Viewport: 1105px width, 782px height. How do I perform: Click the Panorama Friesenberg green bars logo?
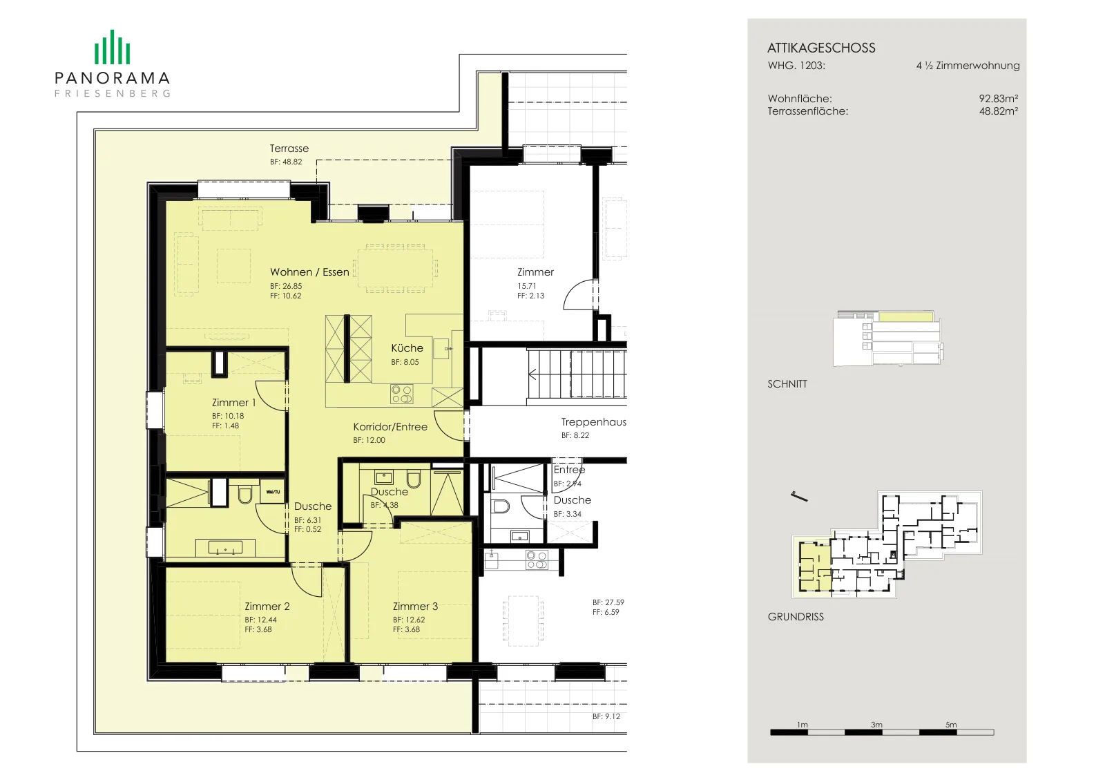[112, 47]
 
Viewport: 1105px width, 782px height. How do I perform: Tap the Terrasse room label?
[289, 149]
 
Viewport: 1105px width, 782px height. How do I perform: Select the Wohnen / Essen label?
[309, 272]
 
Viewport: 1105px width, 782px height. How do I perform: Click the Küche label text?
[407, 348]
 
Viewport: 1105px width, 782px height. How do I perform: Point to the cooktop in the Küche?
[401, 394]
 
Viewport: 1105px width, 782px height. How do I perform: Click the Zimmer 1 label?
[234, 403]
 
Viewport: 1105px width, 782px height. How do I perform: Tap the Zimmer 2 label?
[267, 607]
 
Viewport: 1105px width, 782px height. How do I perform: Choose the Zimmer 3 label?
[415, 607]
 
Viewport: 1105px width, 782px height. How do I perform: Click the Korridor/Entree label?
[390, 427]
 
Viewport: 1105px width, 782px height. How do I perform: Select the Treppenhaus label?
[593, 422]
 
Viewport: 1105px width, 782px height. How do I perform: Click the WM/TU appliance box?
[272, 491]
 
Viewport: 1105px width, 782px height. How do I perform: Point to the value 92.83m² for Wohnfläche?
[999, 99]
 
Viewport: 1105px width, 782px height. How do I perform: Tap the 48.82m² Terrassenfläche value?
[999, 111]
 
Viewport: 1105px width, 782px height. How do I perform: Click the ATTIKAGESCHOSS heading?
[821, 48]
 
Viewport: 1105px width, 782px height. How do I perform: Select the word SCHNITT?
[787, 384]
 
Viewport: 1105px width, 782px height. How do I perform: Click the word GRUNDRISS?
[796, 617]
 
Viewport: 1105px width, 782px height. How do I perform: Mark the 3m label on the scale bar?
[876, 725]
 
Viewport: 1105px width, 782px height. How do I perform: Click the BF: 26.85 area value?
[286, 286]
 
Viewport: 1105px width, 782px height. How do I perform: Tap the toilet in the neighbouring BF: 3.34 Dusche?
[501, 506]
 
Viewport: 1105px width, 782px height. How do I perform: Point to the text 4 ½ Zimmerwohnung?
[968, 66]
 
